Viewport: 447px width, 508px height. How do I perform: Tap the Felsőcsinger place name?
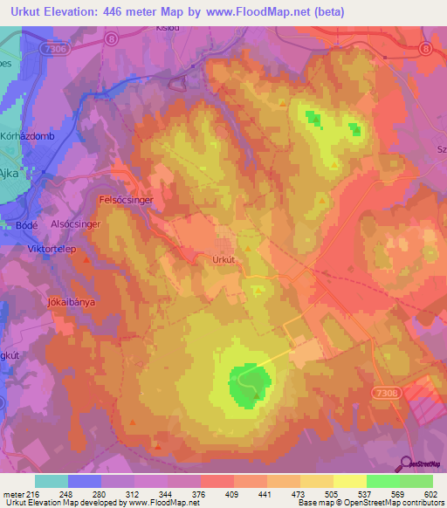coord(126,200)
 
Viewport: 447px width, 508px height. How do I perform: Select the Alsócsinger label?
coord(77,224)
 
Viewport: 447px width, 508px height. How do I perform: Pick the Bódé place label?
coord(25,225)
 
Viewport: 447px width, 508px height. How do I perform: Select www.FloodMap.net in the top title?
coord(262,12)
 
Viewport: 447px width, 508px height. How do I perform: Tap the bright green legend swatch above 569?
coord(382,481)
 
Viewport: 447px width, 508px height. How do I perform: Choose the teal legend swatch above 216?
coord(51,481)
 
